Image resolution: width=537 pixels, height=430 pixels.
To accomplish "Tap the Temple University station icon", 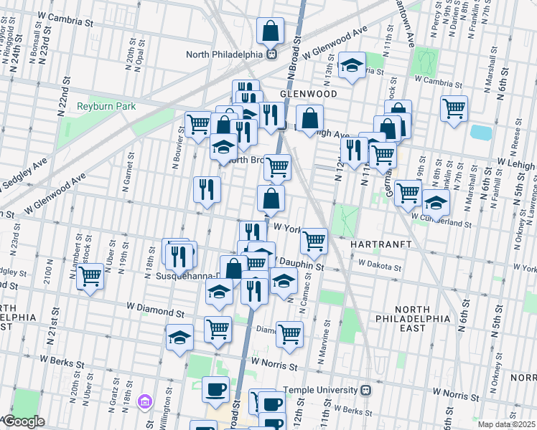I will [366, 391].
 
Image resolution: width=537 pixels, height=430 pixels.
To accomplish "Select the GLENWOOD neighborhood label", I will [308, 94].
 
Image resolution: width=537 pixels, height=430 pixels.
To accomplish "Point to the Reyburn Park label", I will [106, 107].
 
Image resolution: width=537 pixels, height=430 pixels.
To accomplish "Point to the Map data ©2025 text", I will [505, 424].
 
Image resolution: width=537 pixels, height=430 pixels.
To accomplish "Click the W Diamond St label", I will [154, 312].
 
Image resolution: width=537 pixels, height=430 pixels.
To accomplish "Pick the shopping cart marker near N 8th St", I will [454, 108].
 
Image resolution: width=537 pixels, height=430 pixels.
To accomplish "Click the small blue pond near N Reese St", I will [481, 133].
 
